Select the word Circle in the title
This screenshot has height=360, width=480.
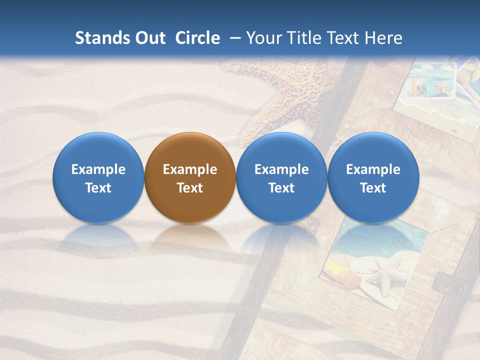[x=197, y=38]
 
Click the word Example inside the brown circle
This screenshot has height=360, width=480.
[x=190, y=169]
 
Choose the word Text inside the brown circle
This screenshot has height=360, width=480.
[x=190, y=188]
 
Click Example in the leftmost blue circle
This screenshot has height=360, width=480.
[x=98, y=169]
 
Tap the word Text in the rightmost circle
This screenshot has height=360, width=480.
[x=373, y=188]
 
